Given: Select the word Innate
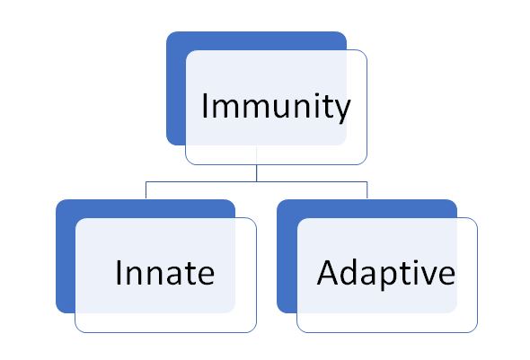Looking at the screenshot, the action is pos(165,273).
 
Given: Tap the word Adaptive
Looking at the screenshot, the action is pos(386,274).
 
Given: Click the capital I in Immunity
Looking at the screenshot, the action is pos(204,105).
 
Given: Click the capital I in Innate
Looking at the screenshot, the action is pos(119,273).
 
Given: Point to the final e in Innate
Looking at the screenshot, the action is pos(205,277).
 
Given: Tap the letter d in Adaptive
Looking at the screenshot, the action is pos(350,273).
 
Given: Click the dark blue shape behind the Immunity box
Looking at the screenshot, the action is pos(176,89).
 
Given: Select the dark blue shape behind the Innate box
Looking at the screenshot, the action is pos(66,257).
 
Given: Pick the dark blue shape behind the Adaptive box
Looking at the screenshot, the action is pos(287,257).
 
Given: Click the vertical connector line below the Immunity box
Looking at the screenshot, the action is pos(257,173).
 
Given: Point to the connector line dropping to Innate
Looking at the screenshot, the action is pos(146,190).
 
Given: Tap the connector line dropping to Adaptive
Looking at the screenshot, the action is pos(367,190).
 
